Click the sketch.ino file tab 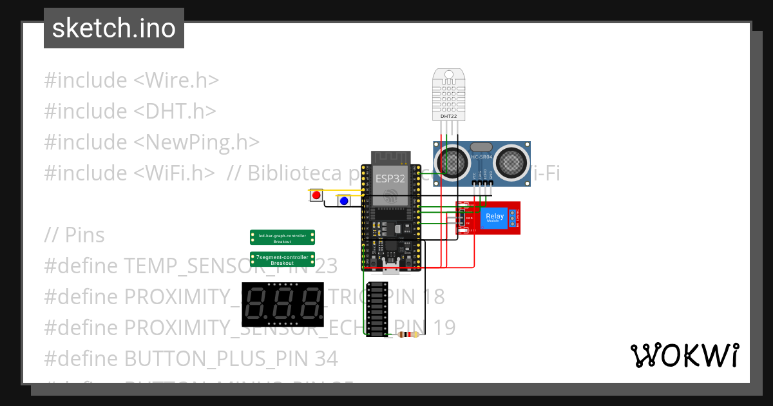pyautogui.click(x=113, y=28)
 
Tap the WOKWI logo pyautogui.click(x=684, y=355)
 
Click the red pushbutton pyautogui.click(x=316, y=195)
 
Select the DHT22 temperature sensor pyautogui.click(x=448, y=95)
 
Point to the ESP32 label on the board pyautogui.click(x=390, y=179)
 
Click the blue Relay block pyautogui.click(x=495, y=218)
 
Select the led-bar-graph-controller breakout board pyautogui.click(x=282, y=238)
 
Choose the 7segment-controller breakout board pyautogui.click(x=282, y=260)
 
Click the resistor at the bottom pyautogui.click(x=408, y=334)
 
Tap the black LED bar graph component pyautogui.click(x=377, y=309)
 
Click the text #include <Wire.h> pyautogui.click(x=131, y=81)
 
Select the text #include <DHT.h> pyautogui.click(x=129, y=111)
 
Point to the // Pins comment pyautogui.click(x=74, y=235)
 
